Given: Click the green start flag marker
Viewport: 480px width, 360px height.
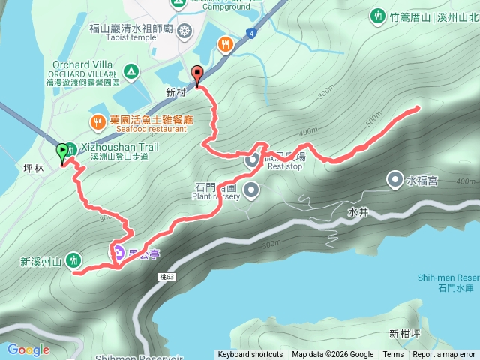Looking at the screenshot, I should click(x=61, y=152).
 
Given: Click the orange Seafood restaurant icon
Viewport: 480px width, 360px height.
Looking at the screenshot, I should click(x=97, y=121).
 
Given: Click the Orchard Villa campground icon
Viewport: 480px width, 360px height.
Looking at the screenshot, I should click(x=131, y=72).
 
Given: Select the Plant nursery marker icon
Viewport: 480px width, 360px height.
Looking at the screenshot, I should click(x=250, y=188).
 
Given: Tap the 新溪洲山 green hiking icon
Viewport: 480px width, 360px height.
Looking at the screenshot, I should click(x=73, y=260).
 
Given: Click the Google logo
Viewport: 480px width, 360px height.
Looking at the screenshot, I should click(x=28, y=349).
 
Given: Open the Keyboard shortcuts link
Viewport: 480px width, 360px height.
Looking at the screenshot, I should click(x=250, y=355).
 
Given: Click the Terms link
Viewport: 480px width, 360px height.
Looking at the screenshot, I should click(x=393, y=355).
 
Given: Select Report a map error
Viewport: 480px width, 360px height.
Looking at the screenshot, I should click(x=444, y=355).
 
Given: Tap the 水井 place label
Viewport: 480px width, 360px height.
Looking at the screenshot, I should click(x=358, y=212).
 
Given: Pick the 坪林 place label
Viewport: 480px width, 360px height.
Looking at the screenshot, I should click(x=34, y=168).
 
